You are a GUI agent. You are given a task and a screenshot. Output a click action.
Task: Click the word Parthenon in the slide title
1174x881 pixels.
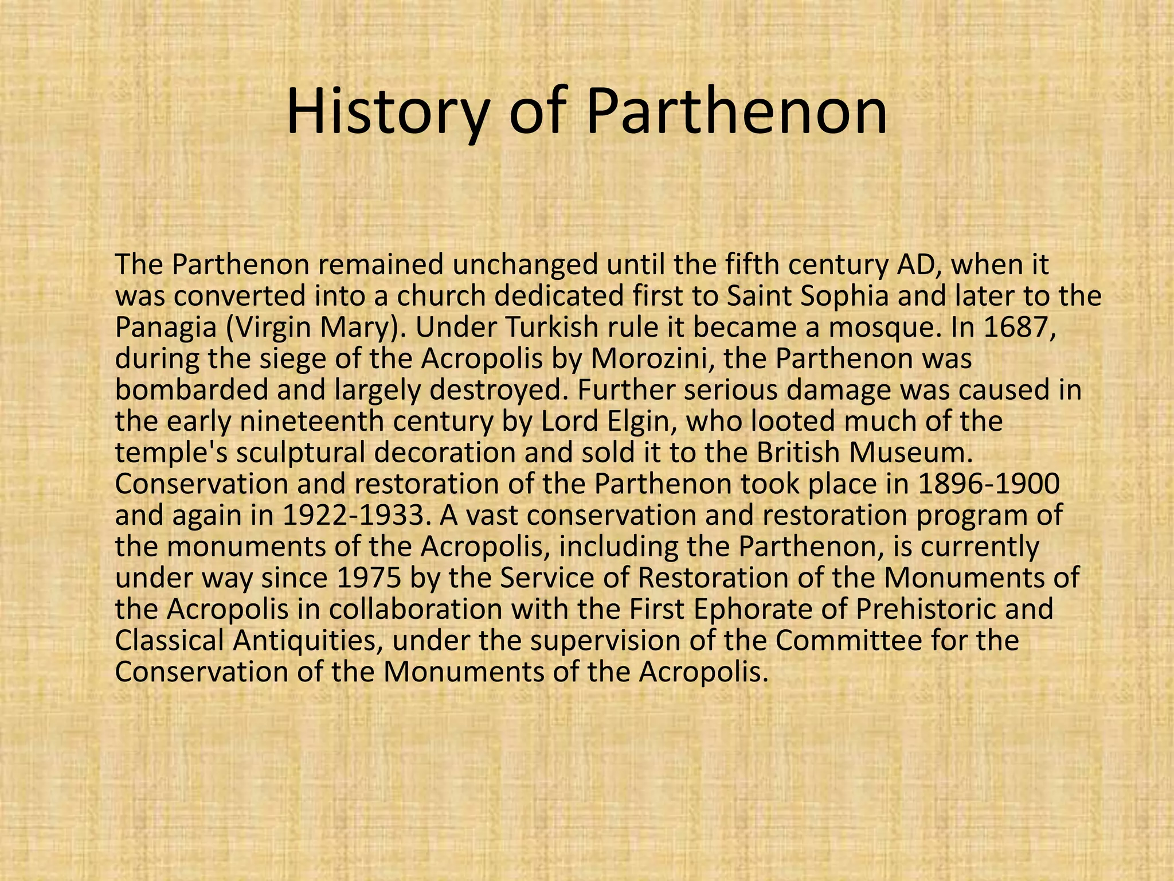(737, 112)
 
